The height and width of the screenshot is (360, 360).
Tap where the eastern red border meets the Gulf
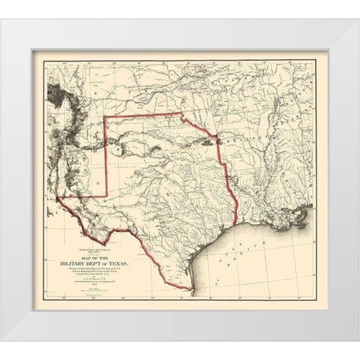point(237,223)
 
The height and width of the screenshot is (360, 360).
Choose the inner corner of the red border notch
point(104,196)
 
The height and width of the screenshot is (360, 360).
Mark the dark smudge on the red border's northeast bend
point(215,136)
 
